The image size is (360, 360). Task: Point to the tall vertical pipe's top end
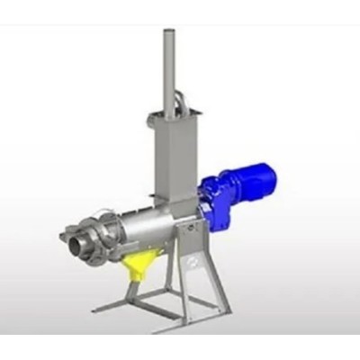168,34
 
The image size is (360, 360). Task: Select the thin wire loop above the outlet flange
85,216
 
